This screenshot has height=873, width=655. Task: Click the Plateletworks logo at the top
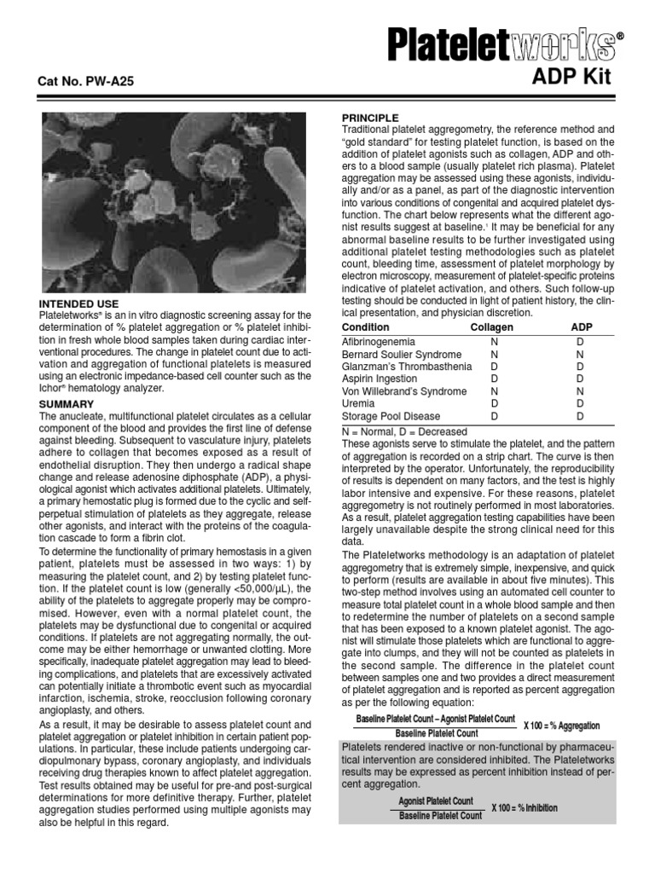tap(501, 44)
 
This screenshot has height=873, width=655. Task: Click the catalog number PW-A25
tap(85, 82)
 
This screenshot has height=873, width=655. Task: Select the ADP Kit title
tap(571, 78)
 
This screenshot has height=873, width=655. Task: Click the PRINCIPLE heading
tap(369, 117)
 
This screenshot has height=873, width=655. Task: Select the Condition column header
tap(365, 327)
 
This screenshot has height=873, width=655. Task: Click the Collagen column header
tap(492, 327)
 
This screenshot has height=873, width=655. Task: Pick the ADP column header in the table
tap(581, 327)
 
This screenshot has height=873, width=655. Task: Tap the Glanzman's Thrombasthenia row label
tap(406, 367)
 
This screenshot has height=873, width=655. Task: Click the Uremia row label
tap(358, 403)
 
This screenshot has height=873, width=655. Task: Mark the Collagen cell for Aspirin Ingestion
tap(493, 379)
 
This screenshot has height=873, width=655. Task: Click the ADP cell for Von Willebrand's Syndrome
tap(580, 391)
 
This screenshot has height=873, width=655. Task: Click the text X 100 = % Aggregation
tap(561, 726)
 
